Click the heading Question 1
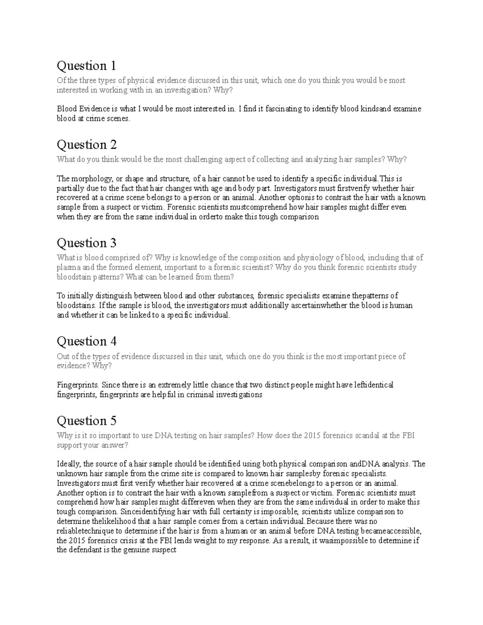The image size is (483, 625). pyautogui.click(x=86, y=66)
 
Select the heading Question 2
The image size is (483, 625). pyautogui.click(x=87, y=144)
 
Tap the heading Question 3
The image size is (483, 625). pyautogui.click(x=87, y=243)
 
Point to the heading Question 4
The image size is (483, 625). pyautogui.click(x=87, y=341)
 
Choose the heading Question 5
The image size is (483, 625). pyautogui.click(x=87, y=421)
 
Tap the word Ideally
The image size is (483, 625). pyautogui.click(x=69, y=464)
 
